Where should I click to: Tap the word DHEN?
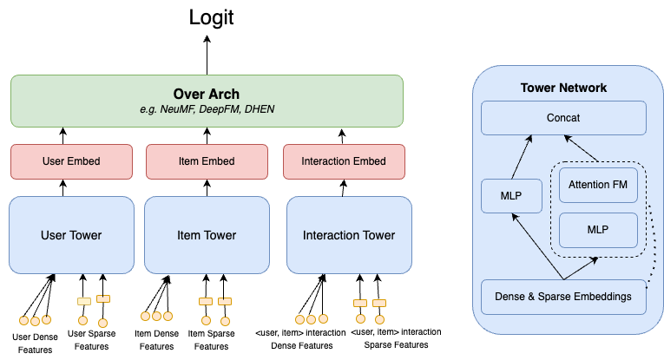pyautogui.click(x=259, y=110)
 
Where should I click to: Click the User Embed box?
pyautogui.click(x=71, y=161)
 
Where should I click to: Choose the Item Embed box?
pyautogui.click(x=207, y=161)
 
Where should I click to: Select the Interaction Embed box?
pyautogui.click(x=344, y=161)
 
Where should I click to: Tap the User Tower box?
pyautogui.click(x=71, y=235)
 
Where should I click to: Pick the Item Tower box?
pyautogui.click(x=207, y=235)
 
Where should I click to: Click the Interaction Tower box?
pyautogui.click(x=348, y=235)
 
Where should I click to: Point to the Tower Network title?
pyautogui.click(x=563, y=88)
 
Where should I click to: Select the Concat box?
pyautogui.click(x=563, y=118)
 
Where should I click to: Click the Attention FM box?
pyautogui.click(x=598, y=185)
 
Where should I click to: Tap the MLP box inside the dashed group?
pyautogui.click(x=598, y=230)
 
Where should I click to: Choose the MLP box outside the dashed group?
pyautogui.click(x=511, y=196)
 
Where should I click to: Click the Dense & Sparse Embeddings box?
pyautogui.click(x=563, y=297)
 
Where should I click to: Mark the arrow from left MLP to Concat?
pyautogui.click(x=522, y=157)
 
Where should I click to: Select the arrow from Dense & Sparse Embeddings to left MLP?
pyautogui.click(x=537, y=247)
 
